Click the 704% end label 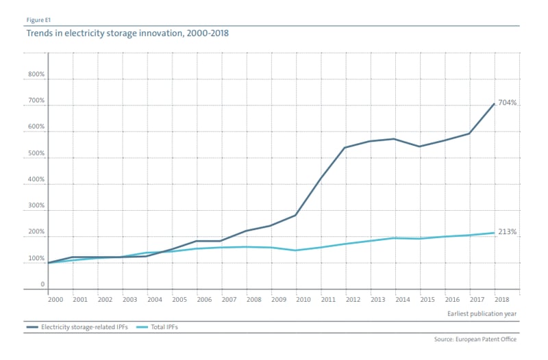[x=508, y=103]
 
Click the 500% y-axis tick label [x=36, y=154]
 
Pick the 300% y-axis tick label [x=36, y=206]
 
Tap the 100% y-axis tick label [x=36, y=259]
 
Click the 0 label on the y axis [x=42, y=284]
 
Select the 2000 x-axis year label [x=55, y=300]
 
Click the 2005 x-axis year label [x=179, y=300]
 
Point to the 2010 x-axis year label [x=303, y=300]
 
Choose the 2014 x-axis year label [x=402, y=300]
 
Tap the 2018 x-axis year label [x=501, y=300]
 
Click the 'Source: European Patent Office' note [x=475, y=339]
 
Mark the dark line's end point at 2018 [x=495, y=104]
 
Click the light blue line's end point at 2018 [x=495, y=233]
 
